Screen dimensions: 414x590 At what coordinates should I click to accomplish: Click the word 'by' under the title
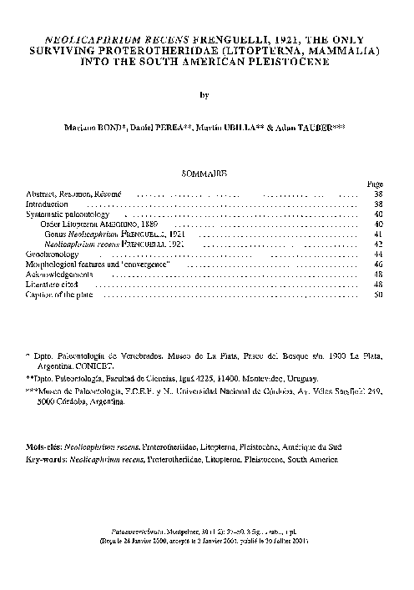click(205, 95)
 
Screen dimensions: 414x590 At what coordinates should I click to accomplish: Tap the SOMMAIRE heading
click(204, 174)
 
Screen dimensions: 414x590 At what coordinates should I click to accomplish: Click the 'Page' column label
click(375, 184)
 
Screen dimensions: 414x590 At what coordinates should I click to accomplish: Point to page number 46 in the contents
click(378, 264)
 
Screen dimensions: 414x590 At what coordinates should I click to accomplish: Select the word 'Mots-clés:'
click(45, 447)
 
